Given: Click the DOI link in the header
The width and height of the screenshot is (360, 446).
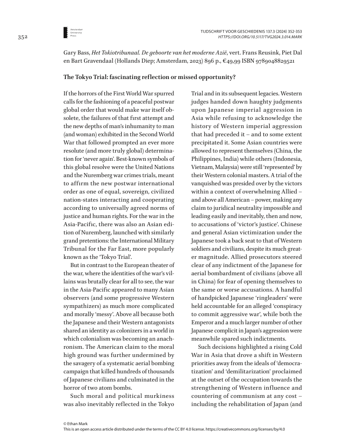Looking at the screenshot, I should coord(260,37).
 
